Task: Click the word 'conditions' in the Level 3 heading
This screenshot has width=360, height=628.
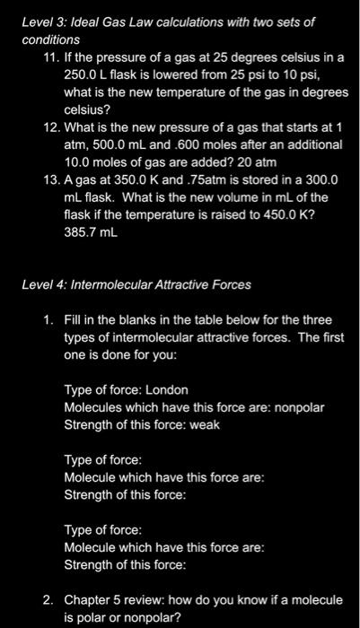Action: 52,39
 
